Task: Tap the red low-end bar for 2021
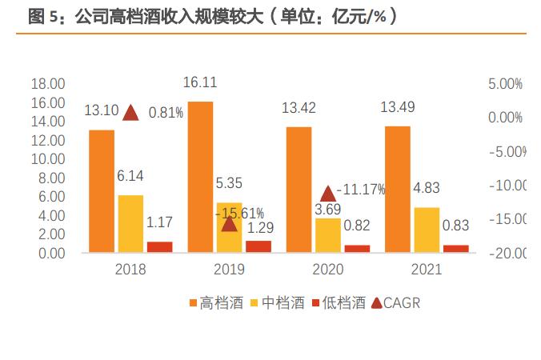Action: (455, 248)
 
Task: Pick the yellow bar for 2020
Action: (327, 235)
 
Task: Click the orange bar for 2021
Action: (397, 189)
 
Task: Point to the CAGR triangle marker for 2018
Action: (130, 112)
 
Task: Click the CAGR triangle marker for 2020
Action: (327, 193)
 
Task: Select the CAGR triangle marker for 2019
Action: (229, 222)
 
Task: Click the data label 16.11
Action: (200, 82)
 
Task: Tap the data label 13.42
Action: (299, 108)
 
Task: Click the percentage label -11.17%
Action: (361, 190)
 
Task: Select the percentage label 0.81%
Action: (166, 112)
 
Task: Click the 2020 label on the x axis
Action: (327, 270)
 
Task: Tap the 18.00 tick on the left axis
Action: (47, 84)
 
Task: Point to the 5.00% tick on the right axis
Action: (504, 84)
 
